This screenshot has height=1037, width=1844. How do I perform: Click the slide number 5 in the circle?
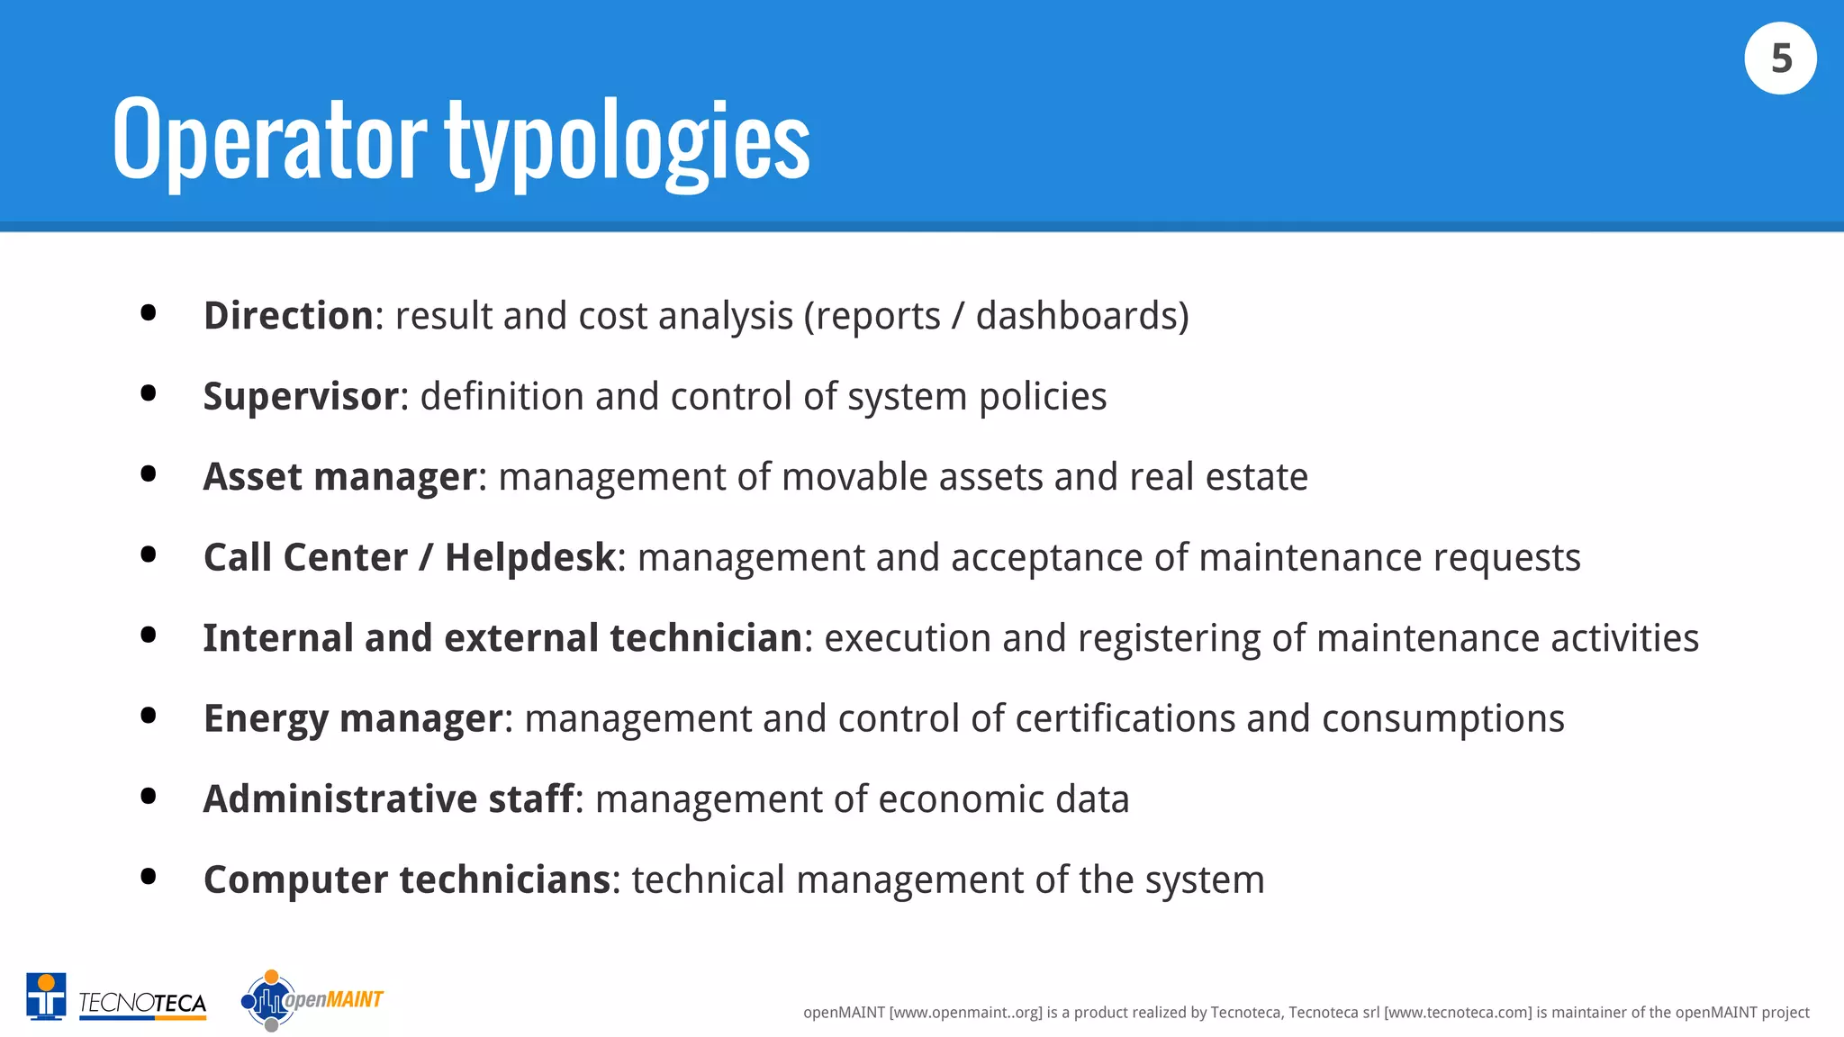(1780, 59)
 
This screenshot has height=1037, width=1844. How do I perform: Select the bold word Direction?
(288, 316)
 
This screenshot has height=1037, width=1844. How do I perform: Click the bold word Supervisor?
(301, 397)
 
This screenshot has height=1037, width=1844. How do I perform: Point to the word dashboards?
(1076, 316)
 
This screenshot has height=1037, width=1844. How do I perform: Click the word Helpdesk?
(530, 558)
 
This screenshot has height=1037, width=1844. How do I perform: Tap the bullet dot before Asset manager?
(149, 473)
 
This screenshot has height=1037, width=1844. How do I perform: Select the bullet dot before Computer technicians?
(149, 876)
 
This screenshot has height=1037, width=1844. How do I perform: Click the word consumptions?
(1442, 719)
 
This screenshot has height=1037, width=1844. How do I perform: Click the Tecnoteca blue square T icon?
(46, 997)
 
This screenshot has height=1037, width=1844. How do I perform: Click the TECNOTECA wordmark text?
(142, 1003)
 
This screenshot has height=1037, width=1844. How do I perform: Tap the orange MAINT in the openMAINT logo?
(355, 999)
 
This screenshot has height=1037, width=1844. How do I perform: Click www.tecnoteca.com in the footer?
(1457, 1013)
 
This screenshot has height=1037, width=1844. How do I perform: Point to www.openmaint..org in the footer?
(965, 1013)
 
